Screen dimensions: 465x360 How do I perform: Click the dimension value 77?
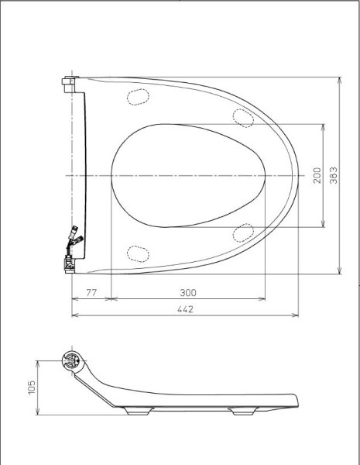pos(91,292)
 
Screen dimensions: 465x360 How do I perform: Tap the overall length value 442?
pos(184,308)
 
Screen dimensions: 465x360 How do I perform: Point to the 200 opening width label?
pos(316,176)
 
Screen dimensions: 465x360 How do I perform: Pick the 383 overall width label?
pos(333,176)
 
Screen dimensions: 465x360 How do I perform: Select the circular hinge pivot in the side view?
pos(70,360)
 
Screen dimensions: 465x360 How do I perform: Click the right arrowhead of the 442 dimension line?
pos(297,315)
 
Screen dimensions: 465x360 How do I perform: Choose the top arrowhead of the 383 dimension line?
pos(341,79)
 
